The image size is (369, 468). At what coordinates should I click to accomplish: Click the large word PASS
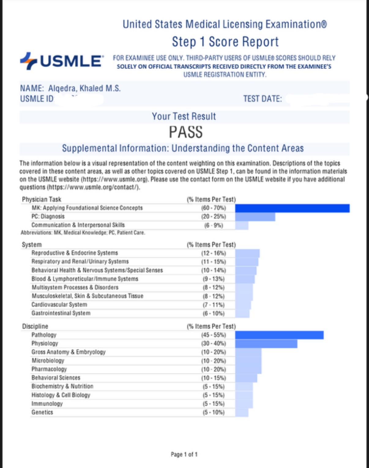coord(186,132)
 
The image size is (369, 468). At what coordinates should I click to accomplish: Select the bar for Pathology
coord(279,335)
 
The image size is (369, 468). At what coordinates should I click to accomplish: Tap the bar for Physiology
coord(266,343)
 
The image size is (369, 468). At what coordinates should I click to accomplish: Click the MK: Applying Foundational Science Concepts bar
coord(292,208)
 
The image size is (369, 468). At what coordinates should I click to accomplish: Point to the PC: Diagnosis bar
coord(255,217)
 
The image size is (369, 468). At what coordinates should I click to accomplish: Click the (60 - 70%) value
coord(213,208)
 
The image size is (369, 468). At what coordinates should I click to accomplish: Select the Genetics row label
coord(42,412)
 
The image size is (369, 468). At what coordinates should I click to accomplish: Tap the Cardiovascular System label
coord(59,305)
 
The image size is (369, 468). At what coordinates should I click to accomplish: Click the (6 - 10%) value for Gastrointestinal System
coord(213,313)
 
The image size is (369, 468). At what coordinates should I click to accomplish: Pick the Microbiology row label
coord(48,361)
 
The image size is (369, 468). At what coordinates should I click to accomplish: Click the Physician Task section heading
coord(42,199)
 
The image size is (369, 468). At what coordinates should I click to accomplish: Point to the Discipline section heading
coord(35,326)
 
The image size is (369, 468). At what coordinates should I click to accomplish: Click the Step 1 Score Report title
coord(225,42)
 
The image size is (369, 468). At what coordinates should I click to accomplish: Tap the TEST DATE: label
coord(263,99)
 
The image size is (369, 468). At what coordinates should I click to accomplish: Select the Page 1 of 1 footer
coord(184,455)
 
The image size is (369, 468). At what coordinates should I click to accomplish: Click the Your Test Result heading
coord(184,116)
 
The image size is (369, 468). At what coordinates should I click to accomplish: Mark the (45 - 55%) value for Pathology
coord(213,335)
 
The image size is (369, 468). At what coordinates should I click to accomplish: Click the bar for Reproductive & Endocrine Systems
coord(247,253)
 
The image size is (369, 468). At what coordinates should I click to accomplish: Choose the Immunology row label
coord(47,404)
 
